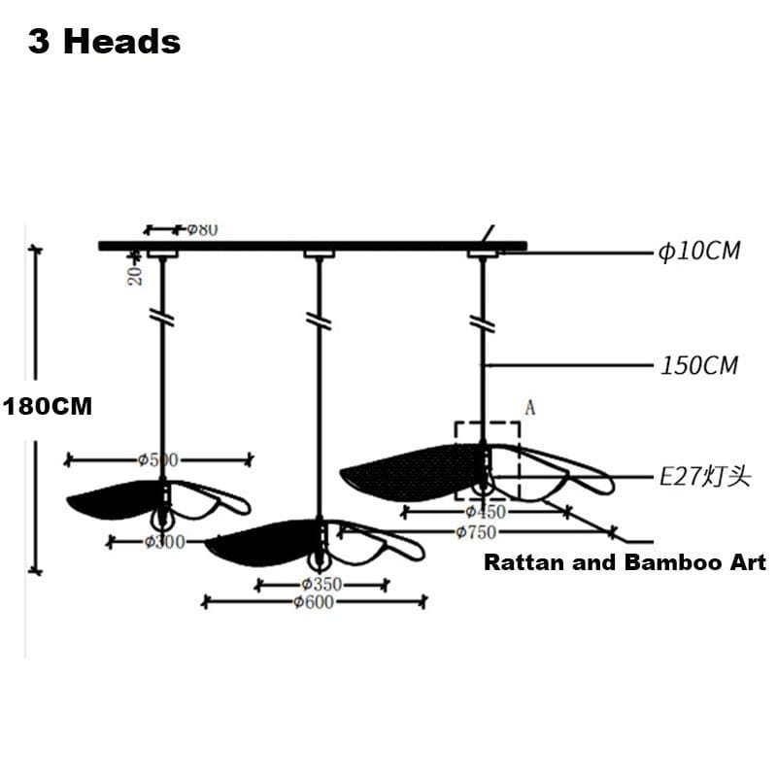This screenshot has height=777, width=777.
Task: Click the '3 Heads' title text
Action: pyautogui.click(x=104, y=42)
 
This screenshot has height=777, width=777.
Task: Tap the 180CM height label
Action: pyautogui.click(x=48, y=407)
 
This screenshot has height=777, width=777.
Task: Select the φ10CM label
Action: pyautogui.click(x=699, y=252)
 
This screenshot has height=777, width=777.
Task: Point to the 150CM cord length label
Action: pyautogui.click(x=699, y=366)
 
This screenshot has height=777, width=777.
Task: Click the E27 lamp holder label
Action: pyautogui.click(x=705, y=477)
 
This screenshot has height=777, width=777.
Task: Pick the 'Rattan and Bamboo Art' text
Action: pyautogui.click(x=625, y=562)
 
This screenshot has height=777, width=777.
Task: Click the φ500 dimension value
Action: pyautogui.click(x=158, y=459)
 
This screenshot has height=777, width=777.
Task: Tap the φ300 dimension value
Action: pyautogui.click(x=164, y=542)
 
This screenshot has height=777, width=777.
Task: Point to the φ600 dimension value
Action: pyautogui.click(x=313, y=603)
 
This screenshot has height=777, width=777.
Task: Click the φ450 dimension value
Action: pyautogui.click(x=485, y=512)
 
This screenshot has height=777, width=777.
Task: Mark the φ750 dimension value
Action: pyautogui.click(x=476, y=532)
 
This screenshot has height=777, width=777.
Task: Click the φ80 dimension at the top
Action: pyautogui.click(x=201, y=230)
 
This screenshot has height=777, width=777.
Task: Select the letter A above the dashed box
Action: pyautogui.click(x=530, y=408)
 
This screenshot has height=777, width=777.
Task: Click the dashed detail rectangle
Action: pyautogui.click(x=488, y=459)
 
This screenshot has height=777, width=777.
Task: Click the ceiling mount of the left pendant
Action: pyautogui.click(x=162, y=254)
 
